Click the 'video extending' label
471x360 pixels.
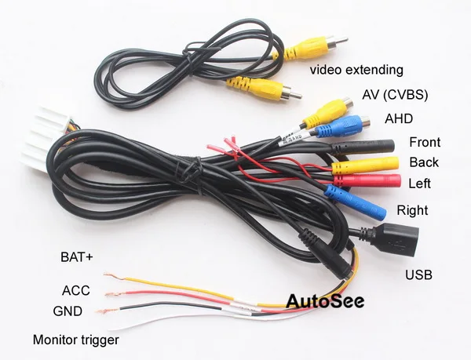[356, 70]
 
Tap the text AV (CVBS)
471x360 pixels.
[395, 94]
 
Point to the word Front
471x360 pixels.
[425, 143]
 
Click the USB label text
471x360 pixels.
[418, 275]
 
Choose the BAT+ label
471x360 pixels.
[76, 256]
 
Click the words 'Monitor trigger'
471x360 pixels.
[77, 340]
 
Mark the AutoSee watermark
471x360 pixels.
[327, 301]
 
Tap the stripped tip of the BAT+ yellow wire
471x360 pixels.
[112, 276]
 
